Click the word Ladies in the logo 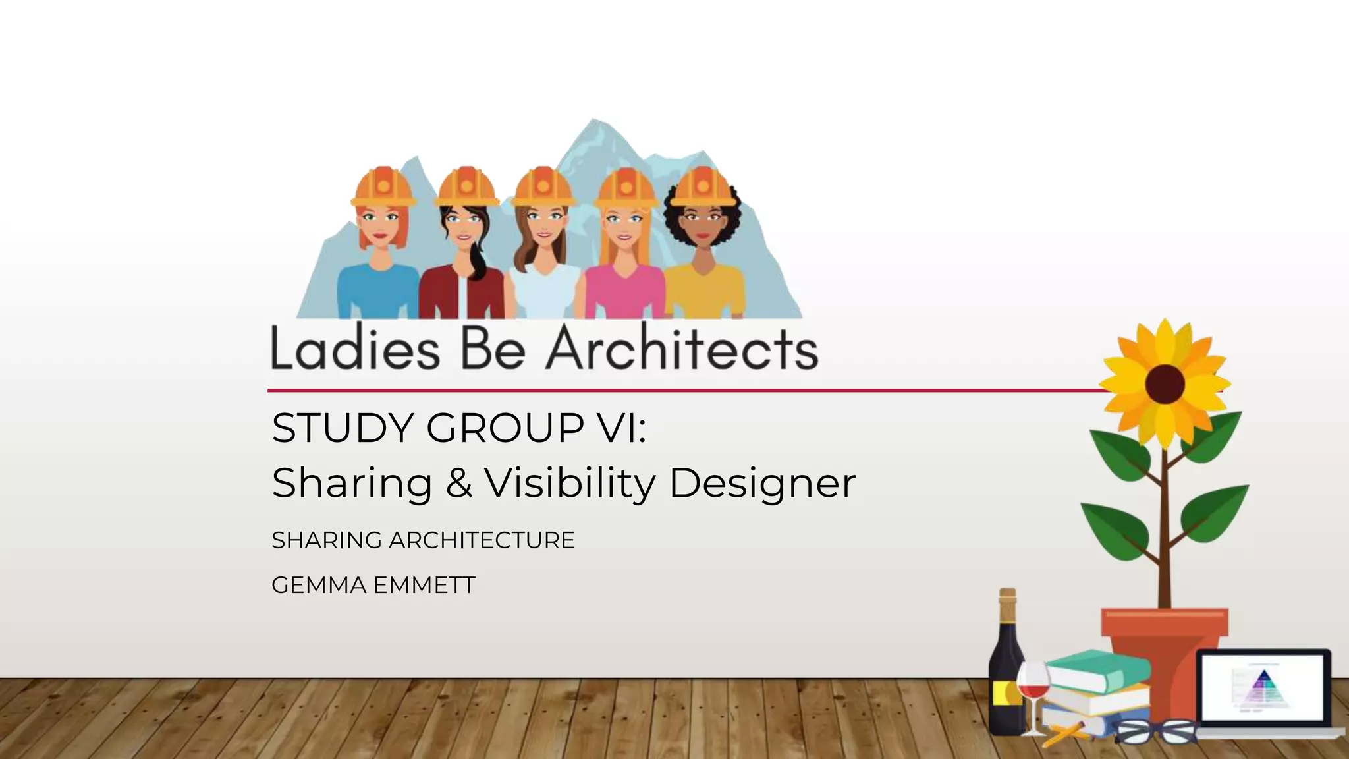click(x=354, y=349)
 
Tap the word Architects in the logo click(x=682, y=349)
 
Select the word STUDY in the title click(x=342, y=428)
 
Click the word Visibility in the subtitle click(x=570, y=483)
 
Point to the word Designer click(x=762, y=483)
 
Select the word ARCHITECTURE click(x=482, y=540)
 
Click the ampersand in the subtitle click(x=458, y=483)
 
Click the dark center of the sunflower click(x=1165, y=383)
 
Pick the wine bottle click(x=1006, y=665)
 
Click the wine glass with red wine click(x=1033, y=689)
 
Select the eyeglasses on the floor click(x=1157, y=731)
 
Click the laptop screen click(x=1262, y=688)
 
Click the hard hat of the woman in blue click(x=383, y=186)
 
